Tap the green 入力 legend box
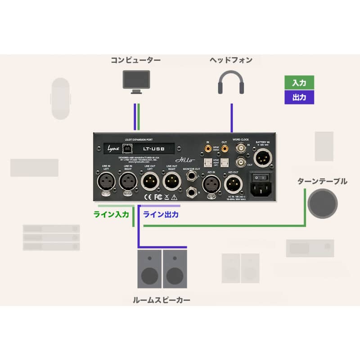point(299,83)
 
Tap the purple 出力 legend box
point(299,97)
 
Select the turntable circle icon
point(322,203)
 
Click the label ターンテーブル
point(322,181)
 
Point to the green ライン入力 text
point(111,215)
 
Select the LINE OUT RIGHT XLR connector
point(171,183)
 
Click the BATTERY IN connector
point(262,157)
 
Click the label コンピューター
point(136,60)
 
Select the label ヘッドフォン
point(231,60)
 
